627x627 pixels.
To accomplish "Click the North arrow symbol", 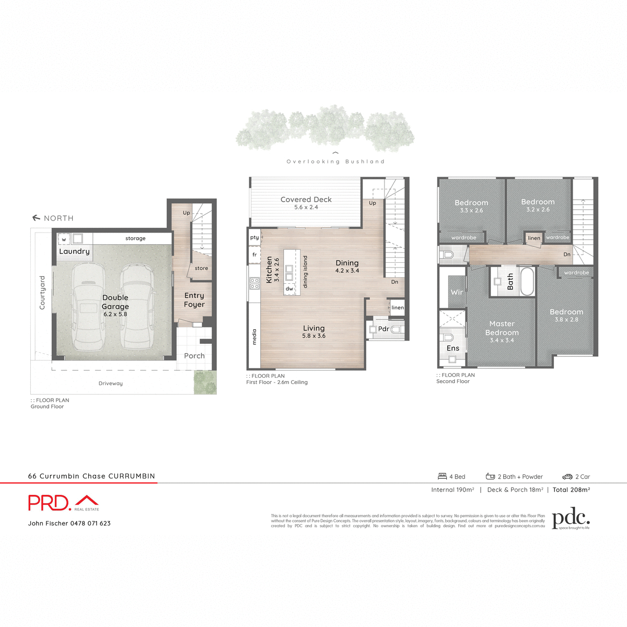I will [x=36, y=218].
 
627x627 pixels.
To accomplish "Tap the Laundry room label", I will [x=74, y=251].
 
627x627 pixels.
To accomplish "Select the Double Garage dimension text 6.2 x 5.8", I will [x=115, y=315].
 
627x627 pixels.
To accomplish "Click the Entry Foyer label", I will [x=194, y=300].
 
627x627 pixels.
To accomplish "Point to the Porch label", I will [x=194, y=356].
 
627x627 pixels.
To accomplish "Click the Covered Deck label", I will [x=306, y=200].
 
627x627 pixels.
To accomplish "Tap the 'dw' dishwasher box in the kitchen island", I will [x=289, y=288].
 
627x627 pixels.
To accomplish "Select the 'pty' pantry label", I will [x=254, y=237].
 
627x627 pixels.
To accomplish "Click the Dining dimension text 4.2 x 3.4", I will [x=347, y=271].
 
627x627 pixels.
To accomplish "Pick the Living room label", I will [x=314, y=328].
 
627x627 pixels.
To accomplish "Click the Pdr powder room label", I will [x=384, y=329].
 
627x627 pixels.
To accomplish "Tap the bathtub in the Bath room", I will [x=527, y=282].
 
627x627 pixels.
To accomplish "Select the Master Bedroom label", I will [x=502, y=328].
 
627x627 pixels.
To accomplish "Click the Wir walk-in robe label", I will [x=457, y=292].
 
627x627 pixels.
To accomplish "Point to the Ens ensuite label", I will [x=453, y=348].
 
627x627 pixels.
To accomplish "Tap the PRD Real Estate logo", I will [x=63, y=503].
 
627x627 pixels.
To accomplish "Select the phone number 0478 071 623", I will [x=90, y=523].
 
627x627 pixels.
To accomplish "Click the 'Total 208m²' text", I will [x=572, y=490].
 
